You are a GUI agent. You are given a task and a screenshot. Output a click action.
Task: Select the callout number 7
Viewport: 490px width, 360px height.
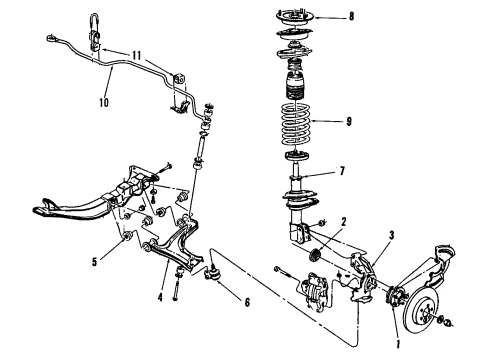pos(342,172)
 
